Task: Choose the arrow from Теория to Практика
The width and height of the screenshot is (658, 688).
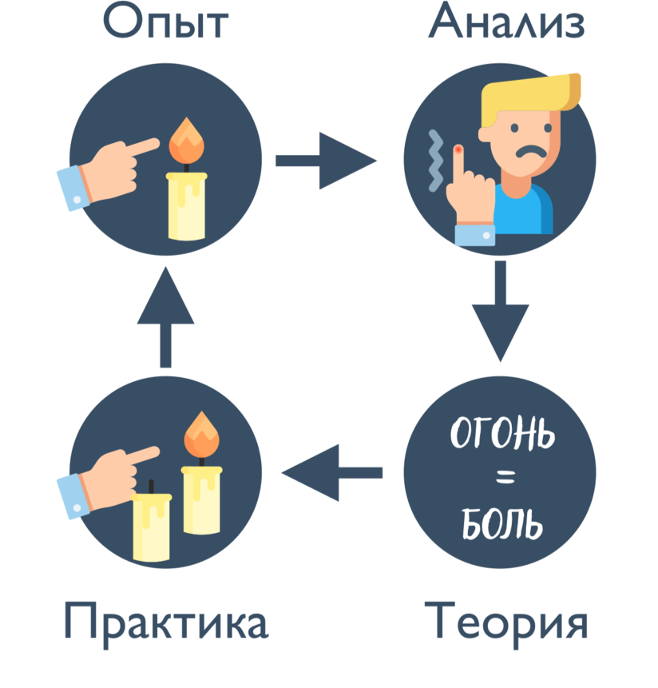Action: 332,473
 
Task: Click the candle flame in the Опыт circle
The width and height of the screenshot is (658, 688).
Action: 188,141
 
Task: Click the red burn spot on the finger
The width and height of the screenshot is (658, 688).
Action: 458,149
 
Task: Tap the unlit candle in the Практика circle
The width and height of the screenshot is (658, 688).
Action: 151,523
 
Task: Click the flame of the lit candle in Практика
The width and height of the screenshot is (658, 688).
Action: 201,435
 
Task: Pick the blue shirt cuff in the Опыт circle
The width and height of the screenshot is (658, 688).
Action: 73,187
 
